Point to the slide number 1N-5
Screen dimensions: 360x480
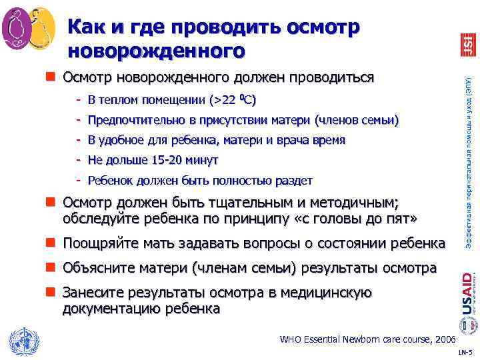[x=467, y=351]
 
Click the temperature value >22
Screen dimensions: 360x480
[x=223, y=101]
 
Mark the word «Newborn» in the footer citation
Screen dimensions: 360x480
[x=361, y=339]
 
